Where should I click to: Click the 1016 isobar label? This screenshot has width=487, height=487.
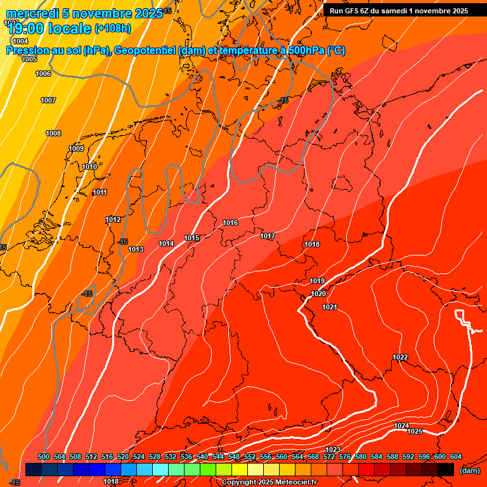[230, 223]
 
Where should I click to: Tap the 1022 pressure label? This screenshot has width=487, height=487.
[400, 358]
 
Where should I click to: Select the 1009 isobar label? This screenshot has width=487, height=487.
[76, 148]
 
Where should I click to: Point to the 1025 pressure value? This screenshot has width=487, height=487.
[415, 431]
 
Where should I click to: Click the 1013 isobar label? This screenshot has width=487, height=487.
[136, 249]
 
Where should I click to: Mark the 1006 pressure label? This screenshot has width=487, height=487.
[43, 74]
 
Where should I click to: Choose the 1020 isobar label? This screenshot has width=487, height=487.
[318, 294]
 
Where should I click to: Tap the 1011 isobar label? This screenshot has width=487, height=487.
[100, 192]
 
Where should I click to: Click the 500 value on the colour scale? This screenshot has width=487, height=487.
[44, 457]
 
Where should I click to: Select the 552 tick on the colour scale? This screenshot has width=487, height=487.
[250, 457]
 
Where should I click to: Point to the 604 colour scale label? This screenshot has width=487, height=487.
[456, 457]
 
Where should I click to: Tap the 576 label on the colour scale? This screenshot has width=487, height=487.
[345, 457]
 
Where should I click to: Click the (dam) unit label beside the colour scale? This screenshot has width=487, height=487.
[469, 471]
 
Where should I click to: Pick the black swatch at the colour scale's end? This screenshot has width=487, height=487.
[446, 469]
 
